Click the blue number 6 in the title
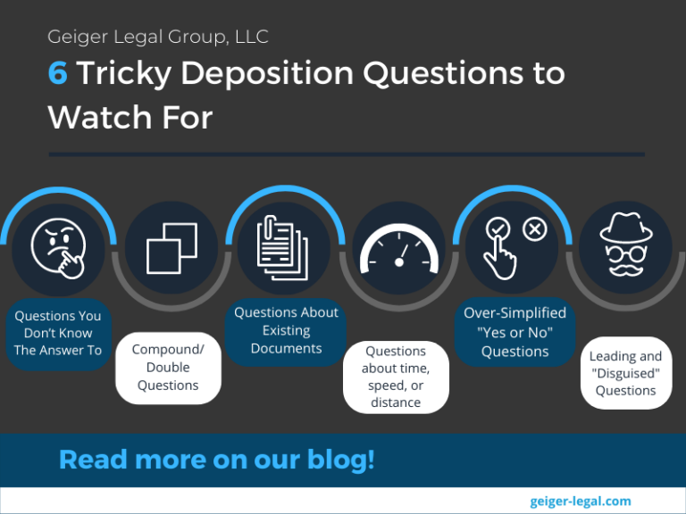click(x=58, y=73)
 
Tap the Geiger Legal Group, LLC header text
click(x=158, y=37)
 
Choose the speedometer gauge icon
click(x=398, y=253)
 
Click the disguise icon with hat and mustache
click(x=625, y=247)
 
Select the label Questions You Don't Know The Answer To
click(x=58, y=333)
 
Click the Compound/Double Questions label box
click(x=168, y=367)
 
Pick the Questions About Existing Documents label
click(x=286, y=330)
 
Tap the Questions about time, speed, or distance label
click(x=396, y=377)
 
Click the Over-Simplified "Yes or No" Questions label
click(x=514, y=332)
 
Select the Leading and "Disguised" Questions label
click(x=625, y=373)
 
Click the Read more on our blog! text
click(x=217, y=460)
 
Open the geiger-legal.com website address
click(x=580, y=501)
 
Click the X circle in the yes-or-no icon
click(x=534, y=230)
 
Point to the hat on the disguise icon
click(x=625, y=227)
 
